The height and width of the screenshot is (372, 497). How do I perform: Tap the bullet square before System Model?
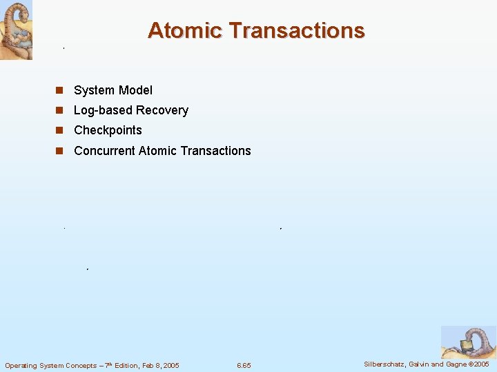click(x=60, y=90)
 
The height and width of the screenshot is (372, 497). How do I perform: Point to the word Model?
click(x=136, y=90)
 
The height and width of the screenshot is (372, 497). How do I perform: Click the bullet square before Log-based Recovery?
click(x=60, y=110)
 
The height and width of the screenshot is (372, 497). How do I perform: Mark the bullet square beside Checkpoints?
click(x=60, y=130)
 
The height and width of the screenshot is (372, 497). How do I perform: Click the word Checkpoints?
click(x=108, y=130)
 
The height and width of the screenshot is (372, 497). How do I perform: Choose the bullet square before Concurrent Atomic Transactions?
click(x=60, y=151)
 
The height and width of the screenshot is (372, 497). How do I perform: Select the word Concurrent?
click(x=104, y=151)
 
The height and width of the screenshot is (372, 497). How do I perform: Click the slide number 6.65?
click(x=244, y=365)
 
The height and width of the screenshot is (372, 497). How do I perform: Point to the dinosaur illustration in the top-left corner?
click(x=16, y=30)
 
